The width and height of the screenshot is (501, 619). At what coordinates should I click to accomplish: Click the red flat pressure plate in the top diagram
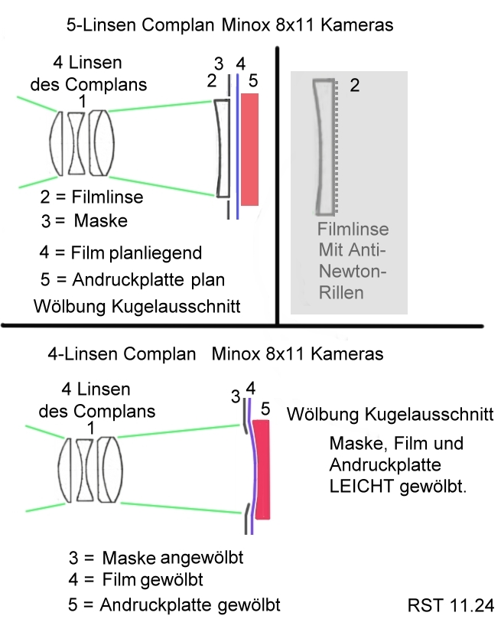point(249,149)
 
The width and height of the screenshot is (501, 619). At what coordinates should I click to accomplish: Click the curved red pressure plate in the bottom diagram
point(262,474)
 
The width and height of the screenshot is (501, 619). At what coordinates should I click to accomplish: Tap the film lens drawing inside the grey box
point(325,145)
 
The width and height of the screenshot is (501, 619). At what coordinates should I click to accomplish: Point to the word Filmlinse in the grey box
point(353,230)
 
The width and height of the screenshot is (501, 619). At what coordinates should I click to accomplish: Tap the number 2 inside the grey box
point(354,86)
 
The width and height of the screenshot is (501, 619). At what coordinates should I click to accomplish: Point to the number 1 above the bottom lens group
point(91,430)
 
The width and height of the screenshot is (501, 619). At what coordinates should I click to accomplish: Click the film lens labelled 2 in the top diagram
point(222,148)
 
